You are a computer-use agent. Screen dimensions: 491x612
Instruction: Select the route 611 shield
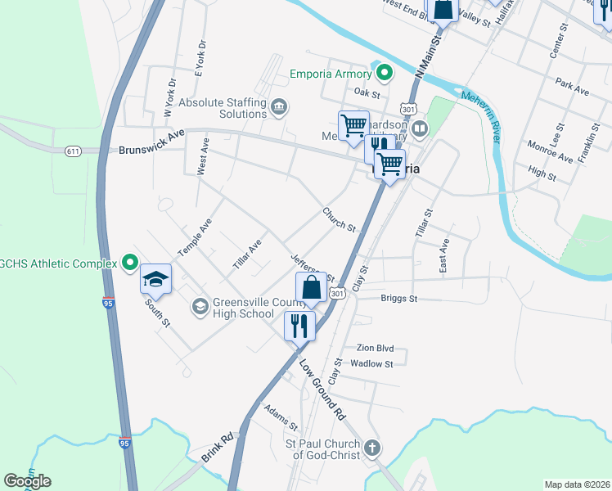click(73, 151)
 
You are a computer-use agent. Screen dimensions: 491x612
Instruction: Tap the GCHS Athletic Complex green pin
click(130, 263)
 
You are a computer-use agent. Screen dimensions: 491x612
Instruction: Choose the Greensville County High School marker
click(200, 306)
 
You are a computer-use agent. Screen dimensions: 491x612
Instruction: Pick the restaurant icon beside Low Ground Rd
click(299, 326)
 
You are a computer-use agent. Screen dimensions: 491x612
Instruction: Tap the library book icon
click(420, 128)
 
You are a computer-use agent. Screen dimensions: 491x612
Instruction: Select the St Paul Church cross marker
click(372, 448)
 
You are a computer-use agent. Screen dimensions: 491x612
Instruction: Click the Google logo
click(27, 481)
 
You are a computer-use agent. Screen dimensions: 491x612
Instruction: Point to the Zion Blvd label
click(375, 347)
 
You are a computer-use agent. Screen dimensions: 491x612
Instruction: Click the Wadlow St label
click(371, 363)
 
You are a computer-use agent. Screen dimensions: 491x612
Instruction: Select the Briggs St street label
click(399, 299)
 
